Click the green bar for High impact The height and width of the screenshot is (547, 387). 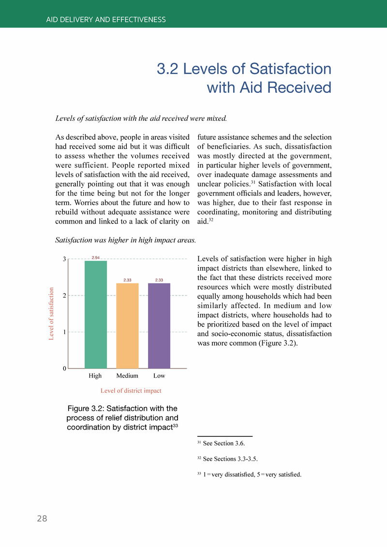tap(96, 314)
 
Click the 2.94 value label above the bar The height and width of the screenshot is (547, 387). tap(96, 258)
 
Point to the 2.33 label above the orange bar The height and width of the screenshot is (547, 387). tap(127, 280)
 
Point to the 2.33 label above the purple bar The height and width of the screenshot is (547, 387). tap(159, 280)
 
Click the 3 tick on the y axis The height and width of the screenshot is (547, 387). tap(64, 259)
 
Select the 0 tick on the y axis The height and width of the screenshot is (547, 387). tap(64, 369)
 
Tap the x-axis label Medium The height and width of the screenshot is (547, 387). tap(127, 376)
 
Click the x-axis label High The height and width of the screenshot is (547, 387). tap(95, 376)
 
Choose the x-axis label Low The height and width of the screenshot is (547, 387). tap(159, 376)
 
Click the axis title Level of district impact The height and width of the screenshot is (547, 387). tap(131, 390)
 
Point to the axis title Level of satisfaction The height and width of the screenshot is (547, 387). tap(51, 314)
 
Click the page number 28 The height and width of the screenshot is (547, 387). tap(42, 519)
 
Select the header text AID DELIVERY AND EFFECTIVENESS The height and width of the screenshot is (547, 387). tap(106, 20)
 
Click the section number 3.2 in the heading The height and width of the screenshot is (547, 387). tap(167, 69)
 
